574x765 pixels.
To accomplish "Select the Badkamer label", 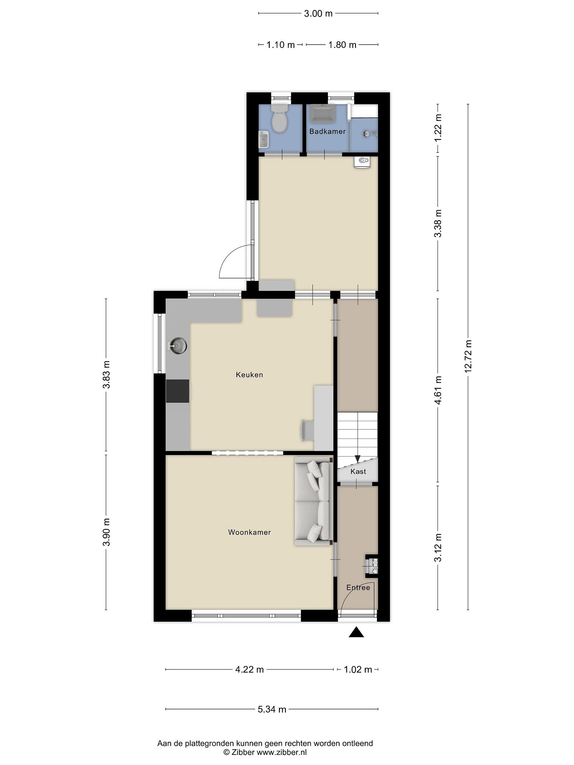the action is coord(327,131).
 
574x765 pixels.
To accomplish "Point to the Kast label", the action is coord(358,471).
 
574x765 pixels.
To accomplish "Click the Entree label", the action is coord(358,588).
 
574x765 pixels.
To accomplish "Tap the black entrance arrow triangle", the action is coord(356,632).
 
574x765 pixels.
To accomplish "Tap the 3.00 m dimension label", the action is coord(318,14).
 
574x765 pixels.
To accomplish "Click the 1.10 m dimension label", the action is coord(280,45).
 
